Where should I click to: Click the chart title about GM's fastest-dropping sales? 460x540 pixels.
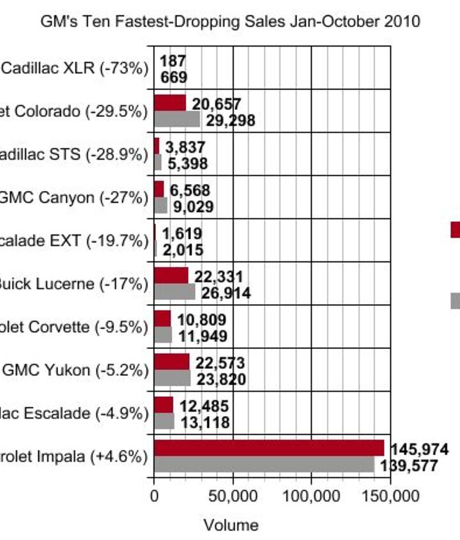(x=230, y=21)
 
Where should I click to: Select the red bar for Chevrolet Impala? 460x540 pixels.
(x=268, y=448)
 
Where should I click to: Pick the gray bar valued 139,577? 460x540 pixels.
(x=263, y=465)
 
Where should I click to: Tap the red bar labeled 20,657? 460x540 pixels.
(x=169, y=103)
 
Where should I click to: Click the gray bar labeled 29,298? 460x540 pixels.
(x=176, y=119)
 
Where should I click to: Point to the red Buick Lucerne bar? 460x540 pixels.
(x=171, y=275)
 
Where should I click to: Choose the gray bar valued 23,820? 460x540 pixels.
(x=172, y=378)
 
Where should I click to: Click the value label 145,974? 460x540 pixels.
(x=420, y=449)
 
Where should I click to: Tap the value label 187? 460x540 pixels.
(x=173, y=61)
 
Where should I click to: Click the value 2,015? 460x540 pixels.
(x=183, y=250)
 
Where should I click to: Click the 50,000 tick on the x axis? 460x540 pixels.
(x=233, y=496)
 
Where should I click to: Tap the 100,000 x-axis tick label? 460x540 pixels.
(x=311, y=496)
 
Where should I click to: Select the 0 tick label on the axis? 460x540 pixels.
(x=154, y=496)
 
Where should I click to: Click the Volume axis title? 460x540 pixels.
(x=231, y=525)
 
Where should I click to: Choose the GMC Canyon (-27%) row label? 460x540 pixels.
(x=73, y=197)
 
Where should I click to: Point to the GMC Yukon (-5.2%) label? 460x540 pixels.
(x=75, y=370)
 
